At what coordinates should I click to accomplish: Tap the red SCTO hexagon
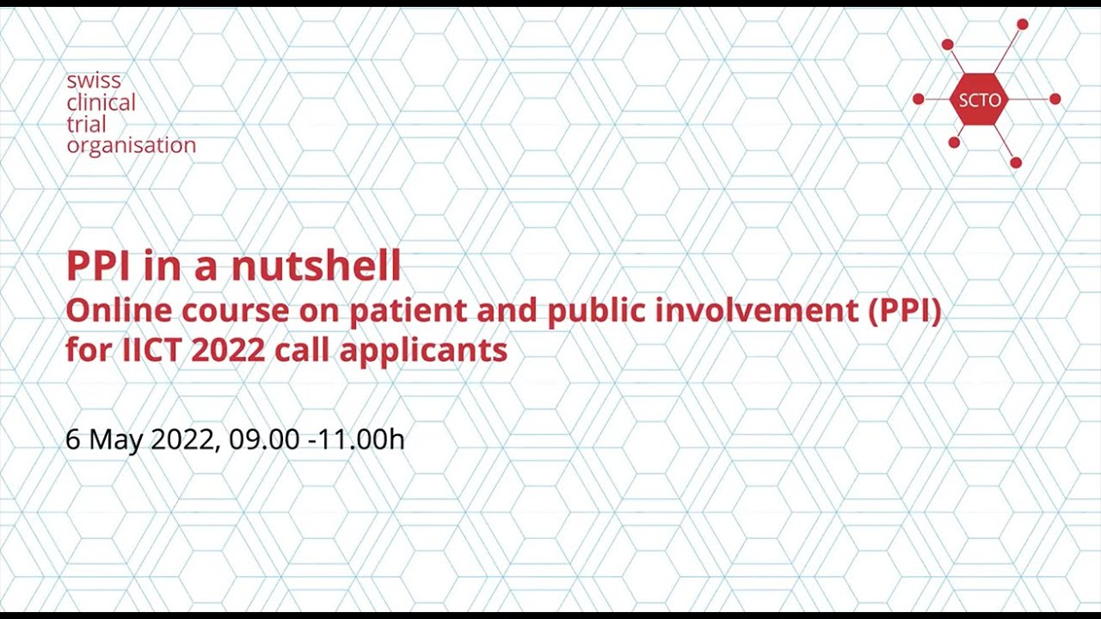coord(979,100)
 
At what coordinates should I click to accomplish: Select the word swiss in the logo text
coord(94,82)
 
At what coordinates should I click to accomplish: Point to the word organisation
coord(131,145)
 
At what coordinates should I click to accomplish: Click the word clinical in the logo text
coord(101,103)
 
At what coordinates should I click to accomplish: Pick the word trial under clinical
coord(86,124)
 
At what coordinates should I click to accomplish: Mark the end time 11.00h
coord(361,439)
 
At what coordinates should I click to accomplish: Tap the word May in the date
coord(116,440)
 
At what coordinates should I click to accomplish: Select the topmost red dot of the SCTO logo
coord(1022,24)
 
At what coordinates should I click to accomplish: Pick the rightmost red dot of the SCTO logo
coord(1055,100)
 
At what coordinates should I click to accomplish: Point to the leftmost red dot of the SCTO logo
coord(918,100)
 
